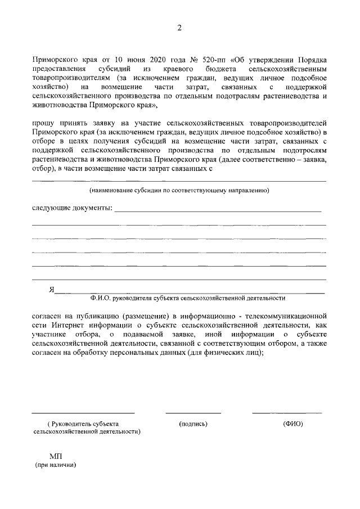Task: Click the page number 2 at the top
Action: tap(179, 29)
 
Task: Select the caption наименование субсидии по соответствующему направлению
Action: tap(179, 191)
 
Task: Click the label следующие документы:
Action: tap(72, 208)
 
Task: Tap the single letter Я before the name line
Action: tap(51, 290)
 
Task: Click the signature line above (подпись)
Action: tap(193, 413)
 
